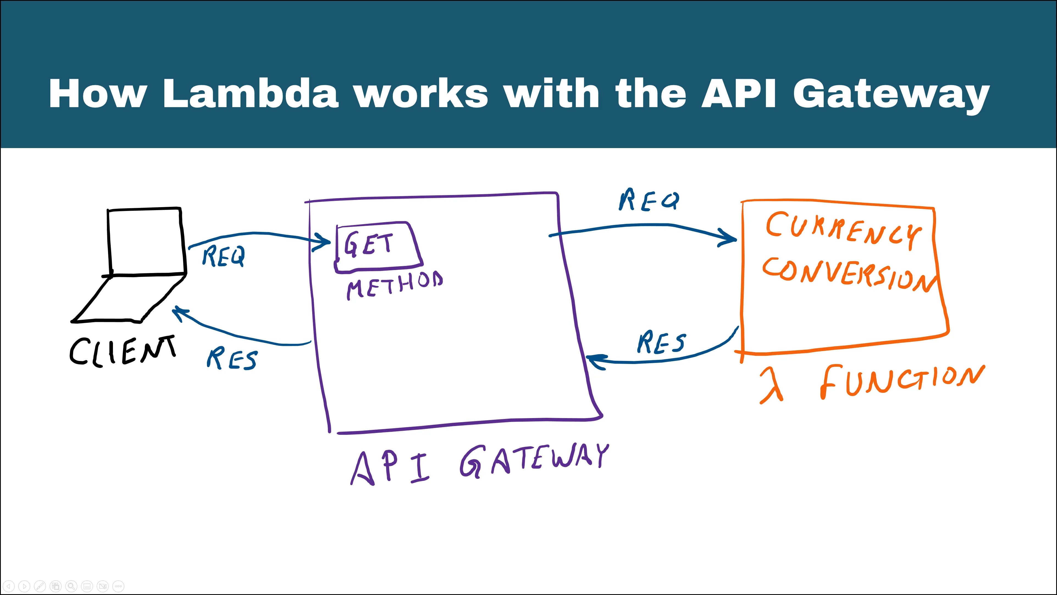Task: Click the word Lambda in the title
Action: click(250, 93)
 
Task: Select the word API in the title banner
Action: click(738, 93)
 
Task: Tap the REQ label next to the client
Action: click(224, 256)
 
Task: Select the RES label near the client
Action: click(232, 358)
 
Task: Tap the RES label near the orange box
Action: click(661, 343)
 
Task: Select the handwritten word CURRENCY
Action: click(843, 230)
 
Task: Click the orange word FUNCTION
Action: click(901, 381)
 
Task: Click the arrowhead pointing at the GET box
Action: click(324, 242)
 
